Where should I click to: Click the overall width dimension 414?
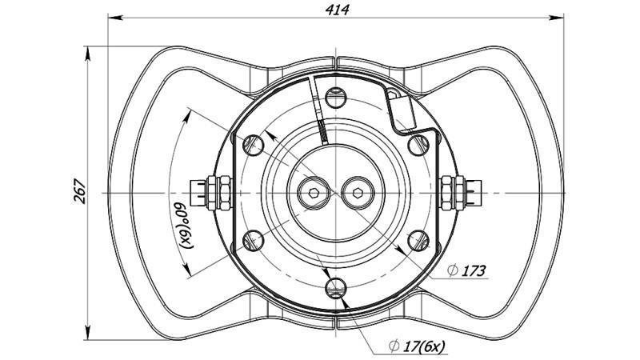[x=337, y=9]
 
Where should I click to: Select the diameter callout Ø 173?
[x=473, y=270]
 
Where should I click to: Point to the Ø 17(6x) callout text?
[x=417, y=346]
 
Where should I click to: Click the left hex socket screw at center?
[x=314, y=192]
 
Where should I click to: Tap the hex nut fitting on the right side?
[x=458, y=192]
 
